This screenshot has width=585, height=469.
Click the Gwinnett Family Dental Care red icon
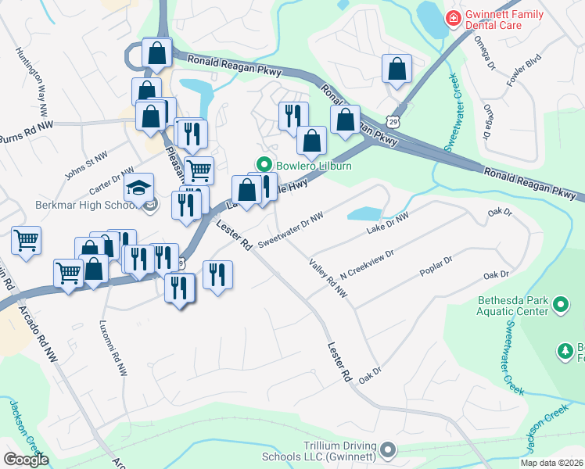pos(452,18)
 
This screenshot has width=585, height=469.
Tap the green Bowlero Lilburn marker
pos(264,165)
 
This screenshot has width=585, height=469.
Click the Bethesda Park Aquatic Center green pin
pos(560,304)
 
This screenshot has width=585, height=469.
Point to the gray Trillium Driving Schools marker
pos(389,449)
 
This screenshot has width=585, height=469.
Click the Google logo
pos(27,460)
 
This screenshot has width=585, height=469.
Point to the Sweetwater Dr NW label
pos(290,229)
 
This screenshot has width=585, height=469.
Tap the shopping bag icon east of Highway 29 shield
pos(397,69)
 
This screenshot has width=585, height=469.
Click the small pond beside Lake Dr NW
pos(364,213)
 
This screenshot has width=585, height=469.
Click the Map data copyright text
pos(551,463)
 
